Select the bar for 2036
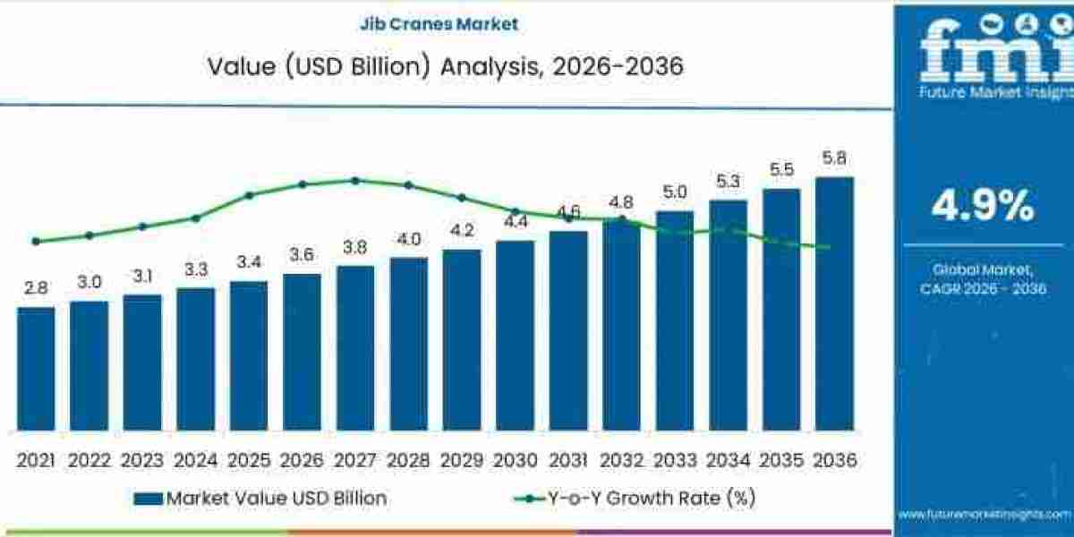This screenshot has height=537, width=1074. (834, 304)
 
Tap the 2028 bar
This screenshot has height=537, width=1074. (409, 345)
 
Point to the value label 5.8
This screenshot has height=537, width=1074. (834, 159)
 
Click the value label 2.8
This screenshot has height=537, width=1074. (36, 288)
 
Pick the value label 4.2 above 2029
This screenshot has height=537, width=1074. (462, 230)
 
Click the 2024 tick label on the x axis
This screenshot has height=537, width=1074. (195, 460)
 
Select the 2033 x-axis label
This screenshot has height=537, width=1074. (674, 460)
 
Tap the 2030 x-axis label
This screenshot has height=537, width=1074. (515, 460)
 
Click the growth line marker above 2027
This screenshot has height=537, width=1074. (355, 180)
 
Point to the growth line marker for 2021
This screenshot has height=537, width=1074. (36, 241)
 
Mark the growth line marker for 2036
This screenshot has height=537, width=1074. (826, 247)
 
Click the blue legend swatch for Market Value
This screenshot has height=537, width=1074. (148, 499)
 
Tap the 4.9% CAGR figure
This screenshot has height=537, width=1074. (983, 207)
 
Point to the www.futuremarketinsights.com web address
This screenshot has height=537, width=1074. (984, 514)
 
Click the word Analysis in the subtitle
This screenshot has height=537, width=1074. (490, 66)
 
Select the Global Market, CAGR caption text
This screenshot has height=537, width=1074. (983, 278)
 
